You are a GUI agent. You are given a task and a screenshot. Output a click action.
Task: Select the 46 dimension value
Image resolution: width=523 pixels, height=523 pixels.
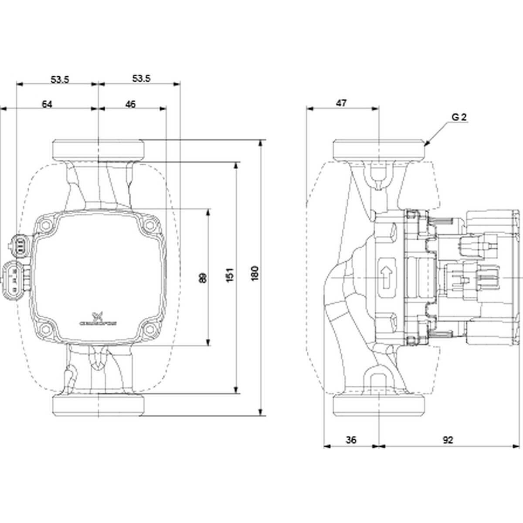(x=130, y=104)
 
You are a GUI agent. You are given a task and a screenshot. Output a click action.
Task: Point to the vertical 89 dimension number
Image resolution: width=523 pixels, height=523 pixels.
(x=202, y=278)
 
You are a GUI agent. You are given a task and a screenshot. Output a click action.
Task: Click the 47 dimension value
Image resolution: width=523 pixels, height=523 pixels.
(x=341, y=103)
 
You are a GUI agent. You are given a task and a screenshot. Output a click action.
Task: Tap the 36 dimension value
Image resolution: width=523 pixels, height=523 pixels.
(x=351, y=440)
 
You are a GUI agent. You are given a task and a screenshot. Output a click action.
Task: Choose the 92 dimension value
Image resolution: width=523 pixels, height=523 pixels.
(x=448, y=440)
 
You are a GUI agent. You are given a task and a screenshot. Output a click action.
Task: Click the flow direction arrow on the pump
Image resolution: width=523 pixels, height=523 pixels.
(x=386, y=278)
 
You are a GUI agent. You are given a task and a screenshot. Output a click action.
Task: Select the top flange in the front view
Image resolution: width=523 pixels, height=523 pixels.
(x=98, y=149)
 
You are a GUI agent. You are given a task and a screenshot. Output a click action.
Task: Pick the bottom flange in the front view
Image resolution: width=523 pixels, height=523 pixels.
(x=98, y=405)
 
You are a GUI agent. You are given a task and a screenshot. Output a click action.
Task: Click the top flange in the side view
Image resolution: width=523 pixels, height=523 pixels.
(x=379, y=149)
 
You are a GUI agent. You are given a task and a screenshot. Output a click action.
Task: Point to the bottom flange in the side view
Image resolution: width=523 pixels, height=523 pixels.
(x=379, y=405)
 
